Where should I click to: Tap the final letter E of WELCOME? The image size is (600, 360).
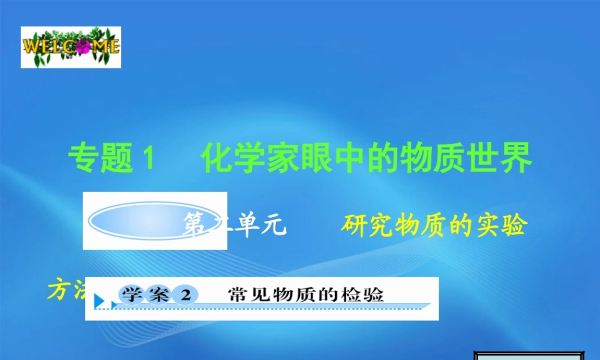coord(113,46)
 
